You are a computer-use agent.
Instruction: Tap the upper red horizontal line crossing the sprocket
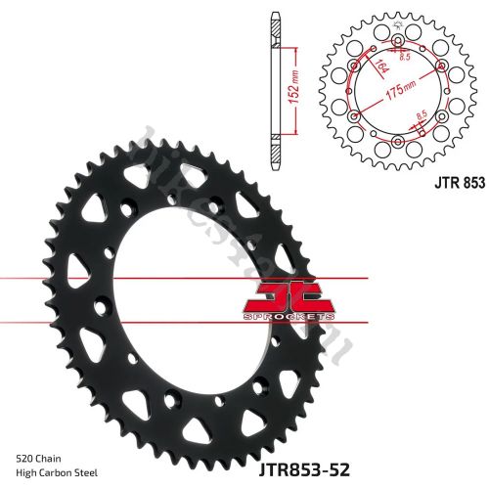click(x=147, y=280)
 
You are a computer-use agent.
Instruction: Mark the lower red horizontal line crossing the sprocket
click(x=147, y=323)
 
